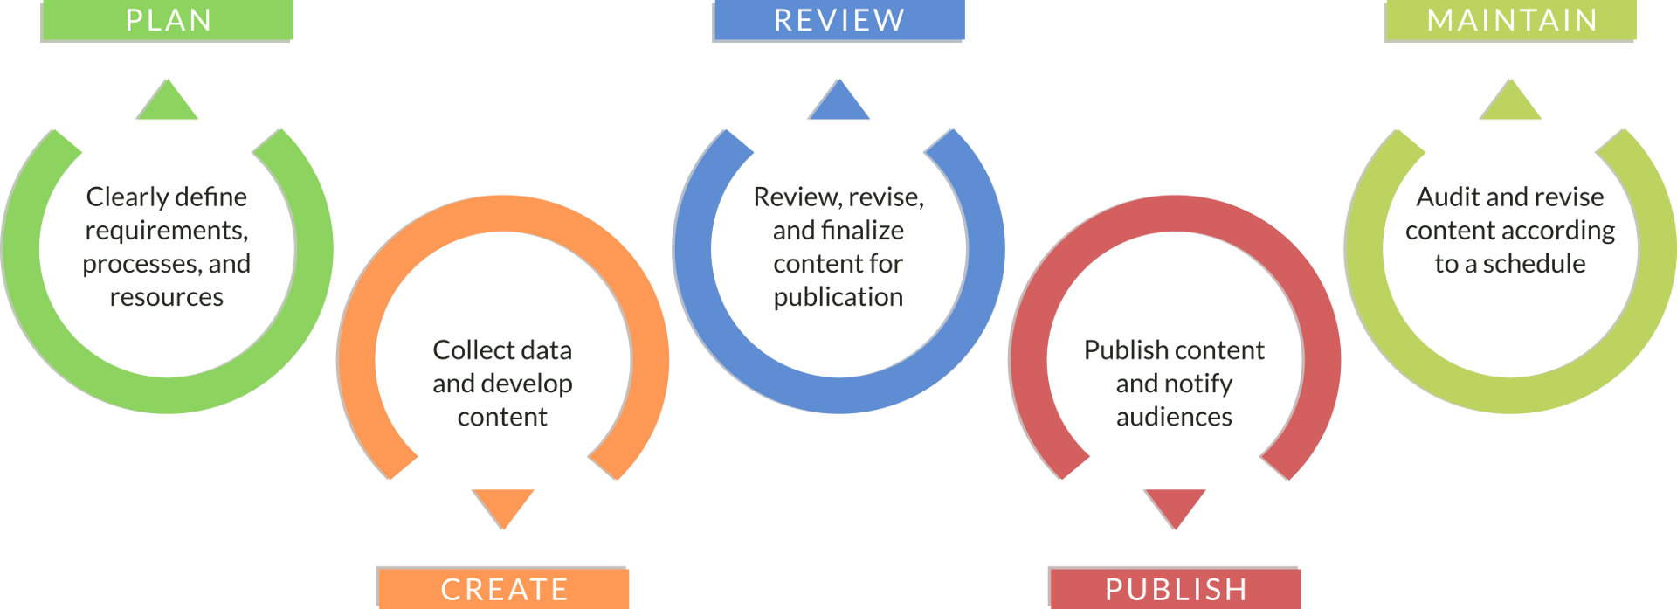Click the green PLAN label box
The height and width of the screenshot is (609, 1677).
tap(168, 20)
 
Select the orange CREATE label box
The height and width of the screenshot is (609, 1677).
tap(503, 589)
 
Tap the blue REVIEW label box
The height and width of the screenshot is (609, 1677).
tap(838, 20)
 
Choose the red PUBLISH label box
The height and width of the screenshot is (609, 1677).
tap(1175, 589)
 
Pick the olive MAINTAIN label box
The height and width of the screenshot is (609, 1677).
tap(1510, 20)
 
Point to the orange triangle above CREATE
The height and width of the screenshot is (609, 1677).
tap(503, 505)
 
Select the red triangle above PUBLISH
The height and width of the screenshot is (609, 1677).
tap(1175, 505)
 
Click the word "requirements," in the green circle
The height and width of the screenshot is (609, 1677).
tap(167, 231)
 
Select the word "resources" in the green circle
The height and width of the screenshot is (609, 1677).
tap(167, 297)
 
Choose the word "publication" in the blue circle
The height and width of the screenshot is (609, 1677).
tap(838, 297)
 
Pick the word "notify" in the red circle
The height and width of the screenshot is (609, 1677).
tap(1198, 384)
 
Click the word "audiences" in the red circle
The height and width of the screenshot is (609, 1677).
tap(1175, 417)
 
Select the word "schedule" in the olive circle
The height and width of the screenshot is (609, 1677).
tap(1534, 264)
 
